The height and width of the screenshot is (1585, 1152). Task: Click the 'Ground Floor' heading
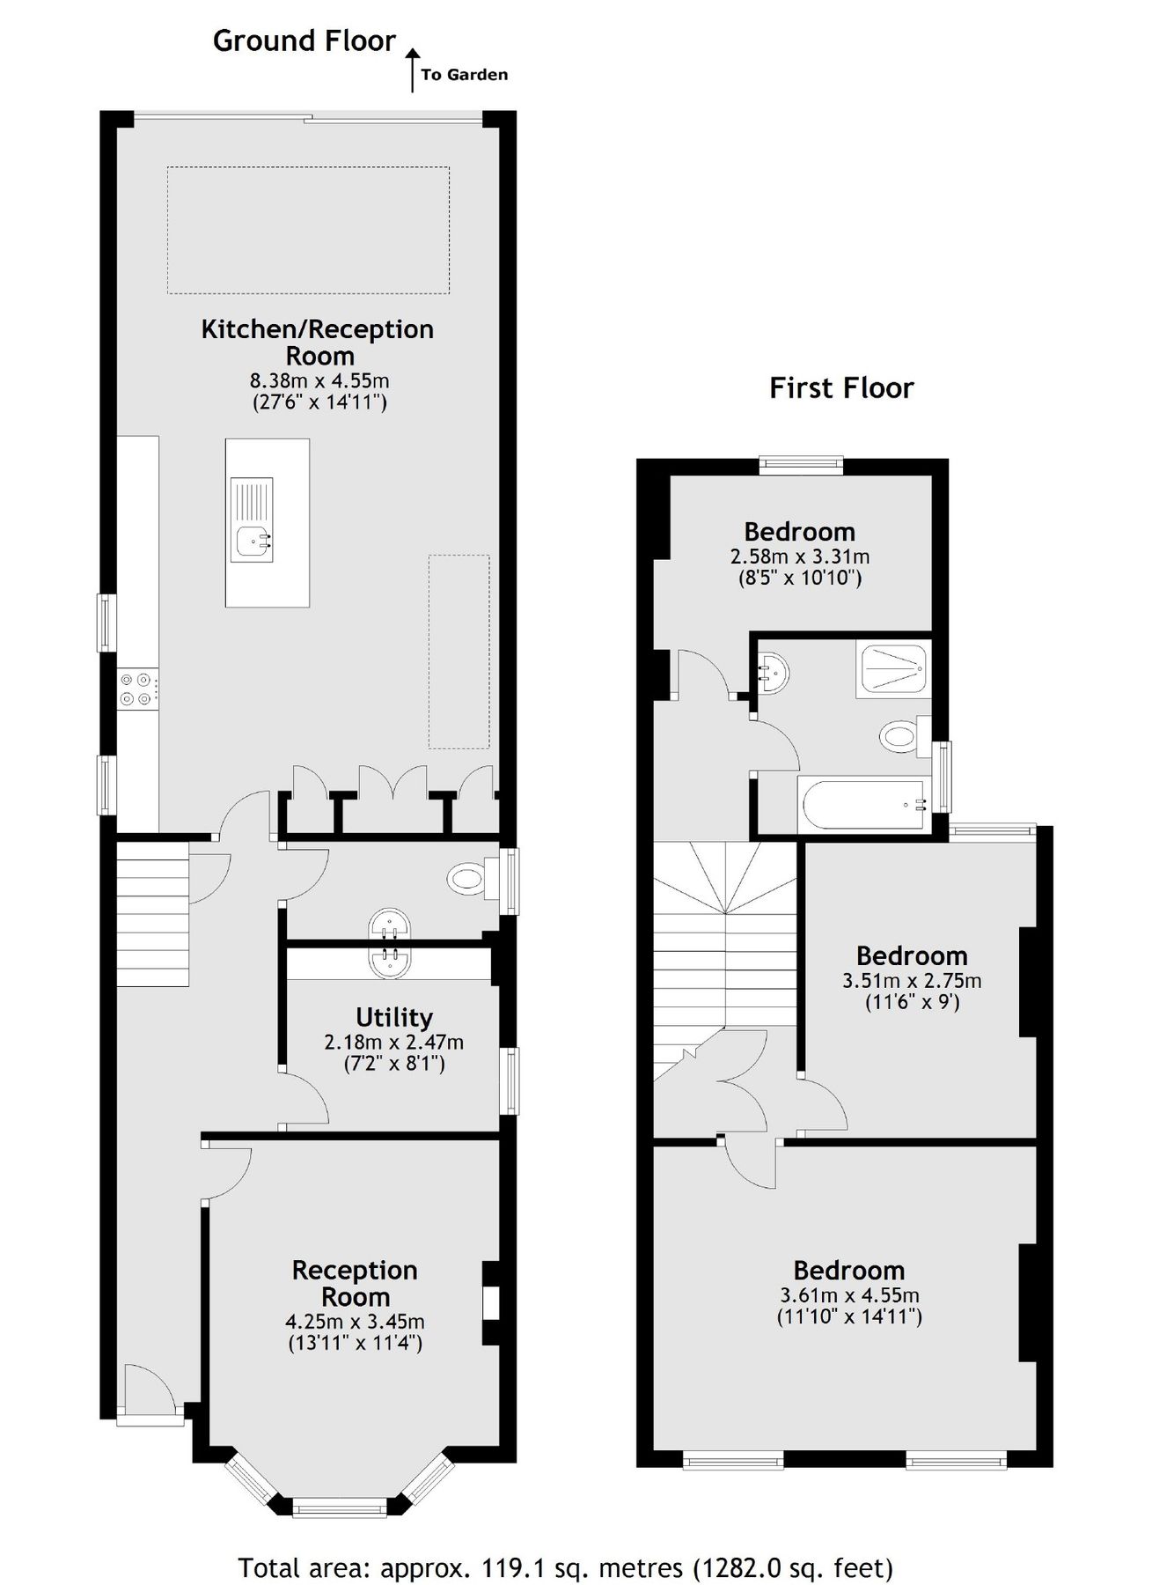[x=304, y=41]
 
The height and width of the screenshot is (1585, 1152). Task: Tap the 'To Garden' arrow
[x=412, y=70]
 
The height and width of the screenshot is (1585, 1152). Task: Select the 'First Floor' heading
[x=840, y=388]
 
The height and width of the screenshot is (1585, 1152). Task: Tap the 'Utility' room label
[x=393, y=1018]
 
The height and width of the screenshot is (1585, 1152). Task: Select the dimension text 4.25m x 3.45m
[x=355, y=1322]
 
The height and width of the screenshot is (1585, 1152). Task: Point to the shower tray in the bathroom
[x=892, y=672]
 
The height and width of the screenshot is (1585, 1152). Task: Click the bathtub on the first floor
[x=860, y=804]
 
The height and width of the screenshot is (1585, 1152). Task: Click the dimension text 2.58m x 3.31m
[x=799, y=557]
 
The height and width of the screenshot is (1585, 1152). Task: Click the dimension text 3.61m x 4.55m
[x=848, y=1295]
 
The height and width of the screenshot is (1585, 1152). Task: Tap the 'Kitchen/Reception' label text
[x=317, y=330]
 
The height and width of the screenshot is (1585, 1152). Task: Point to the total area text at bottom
[x=566, y=1543]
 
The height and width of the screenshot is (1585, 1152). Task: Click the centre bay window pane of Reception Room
[x=339, y=1510]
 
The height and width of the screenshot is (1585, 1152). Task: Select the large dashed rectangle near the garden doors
[x=308, y=230]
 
